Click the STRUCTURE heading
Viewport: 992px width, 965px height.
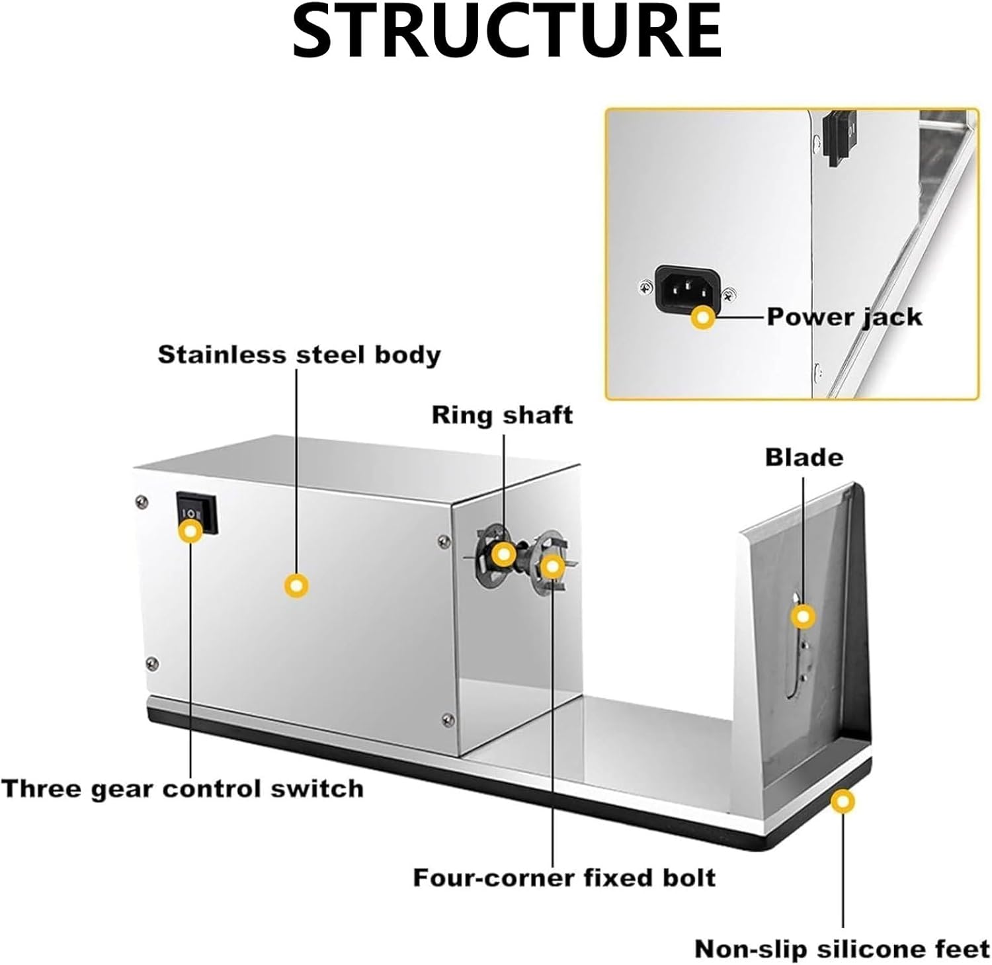(x=507, y=31)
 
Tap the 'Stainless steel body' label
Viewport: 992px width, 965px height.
(x=299, y=355)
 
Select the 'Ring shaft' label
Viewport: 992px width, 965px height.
(x=502, y=415)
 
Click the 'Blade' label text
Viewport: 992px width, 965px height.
(x=804, y=457)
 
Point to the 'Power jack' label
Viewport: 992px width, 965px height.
(x=845, y=317)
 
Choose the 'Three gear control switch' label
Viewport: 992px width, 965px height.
(x=183, y=788)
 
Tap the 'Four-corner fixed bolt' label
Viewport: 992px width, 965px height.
(x=564, y=877)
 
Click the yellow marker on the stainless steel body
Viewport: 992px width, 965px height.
(x=296, y=585)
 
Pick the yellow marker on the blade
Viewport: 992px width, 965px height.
(x=803, y=617)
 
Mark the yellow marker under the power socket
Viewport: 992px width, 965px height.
(x=702, y=318)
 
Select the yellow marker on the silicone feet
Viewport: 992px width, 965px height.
(x=843, y=802)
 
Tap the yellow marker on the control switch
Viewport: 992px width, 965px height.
(x=191, y=530)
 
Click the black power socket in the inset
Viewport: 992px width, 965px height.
(x=687, y=287)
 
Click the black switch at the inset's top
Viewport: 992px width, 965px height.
(x=841, y=138)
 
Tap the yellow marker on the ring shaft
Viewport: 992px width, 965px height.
(x=503, y=554)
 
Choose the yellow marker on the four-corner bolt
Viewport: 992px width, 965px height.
(x=552, y=566)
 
